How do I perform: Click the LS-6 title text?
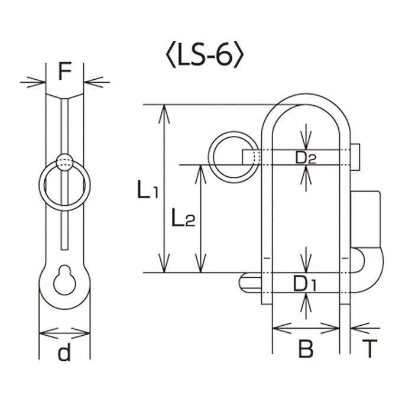[205, 54]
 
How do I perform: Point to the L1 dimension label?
[148, 189]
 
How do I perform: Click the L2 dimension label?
[183, 217]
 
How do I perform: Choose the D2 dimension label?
[306, 157]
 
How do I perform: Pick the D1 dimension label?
[305, 283]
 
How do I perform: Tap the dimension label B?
[306, 349]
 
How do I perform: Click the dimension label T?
[369, 348]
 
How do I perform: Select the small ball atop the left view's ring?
[64, 162]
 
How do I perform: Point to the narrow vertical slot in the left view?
[64, 174]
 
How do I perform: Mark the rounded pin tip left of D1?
[250, 283]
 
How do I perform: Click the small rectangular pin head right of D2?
[355, 157]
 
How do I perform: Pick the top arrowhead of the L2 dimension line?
[201, 174]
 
